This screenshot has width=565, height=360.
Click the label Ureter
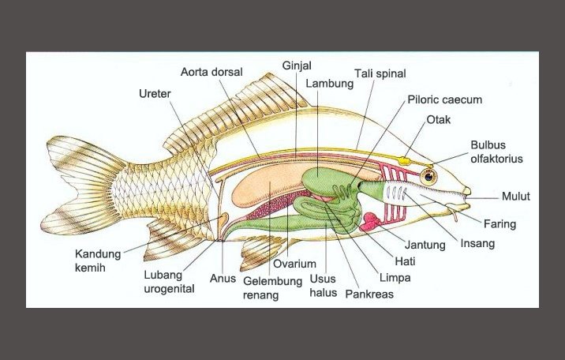(x=155, y=94)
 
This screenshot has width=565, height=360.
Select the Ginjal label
(x=296, y=64)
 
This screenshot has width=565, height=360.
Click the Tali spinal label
(x=380, y=73)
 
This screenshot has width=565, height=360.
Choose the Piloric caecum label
(x=444, y=100)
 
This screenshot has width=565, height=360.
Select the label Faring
(x=499, y=224)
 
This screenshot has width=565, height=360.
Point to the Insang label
(x=477, y=243)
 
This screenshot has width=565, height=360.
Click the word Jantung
(x=425, y=245)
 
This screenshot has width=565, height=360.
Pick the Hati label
(x=404, y=261)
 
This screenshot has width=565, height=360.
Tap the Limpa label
(x=394, y=277)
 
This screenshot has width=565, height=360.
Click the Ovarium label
(x=294, y=264)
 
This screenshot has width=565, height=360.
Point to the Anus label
(x=223, y=278)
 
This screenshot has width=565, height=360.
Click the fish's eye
(x=428, y=174)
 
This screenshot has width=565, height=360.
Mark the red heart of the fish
(x=371, y=223)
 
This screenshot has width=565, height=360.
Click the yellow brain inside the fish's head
(x=405, y=160)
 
